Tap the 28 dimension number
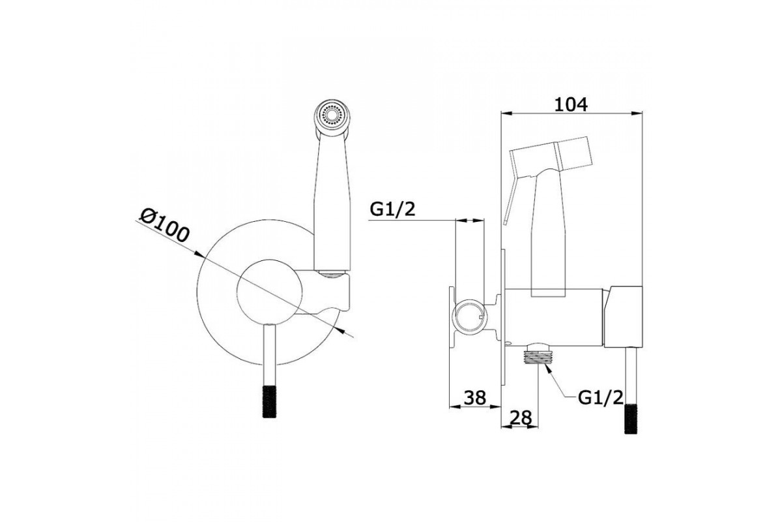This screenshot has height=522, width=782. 520,416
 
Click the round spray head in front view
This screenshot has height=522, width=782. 334,116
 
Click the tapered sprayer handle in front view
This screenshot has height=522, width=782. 334,202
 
